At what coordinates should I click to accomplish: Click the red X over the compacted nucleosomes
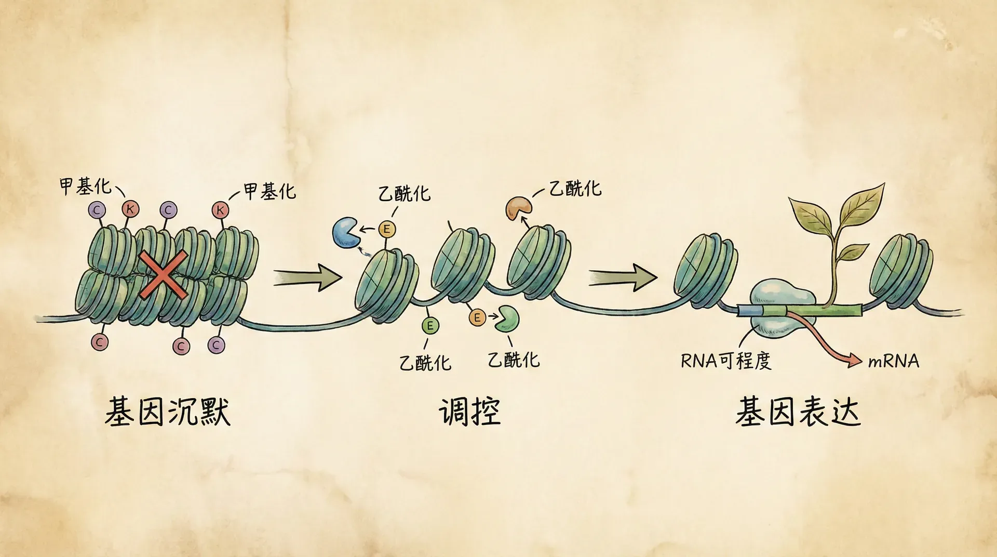(163, 275)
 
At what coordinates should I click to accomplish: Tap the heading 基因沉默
(168, 412)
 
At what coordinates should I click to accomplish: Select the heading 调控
(469, 412)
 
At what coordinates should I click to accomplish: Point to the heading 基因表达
(798, 412)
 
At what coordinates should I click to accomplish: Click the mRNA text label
(893, 361)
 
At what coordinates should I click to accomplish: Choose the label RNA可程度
(725, 361)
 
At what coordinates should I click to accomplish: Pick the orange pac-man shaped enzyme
(518, 208)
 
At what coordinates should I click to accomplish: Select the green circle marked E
(430, 326)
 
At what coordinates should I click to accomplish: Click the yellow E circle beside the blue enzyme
(386, 229)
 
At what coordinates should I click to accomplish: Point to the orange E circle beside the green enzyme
(477, 317)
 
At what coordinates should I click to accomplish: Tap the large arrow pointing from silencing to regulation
(307, 277)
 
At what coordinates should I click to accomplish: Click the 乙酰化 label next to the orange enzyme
(575, 188)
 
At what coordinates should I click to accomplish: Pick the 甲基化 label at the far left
(85, 186)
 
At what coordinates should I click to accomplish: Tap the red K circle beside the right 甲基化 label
(221, 210)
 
